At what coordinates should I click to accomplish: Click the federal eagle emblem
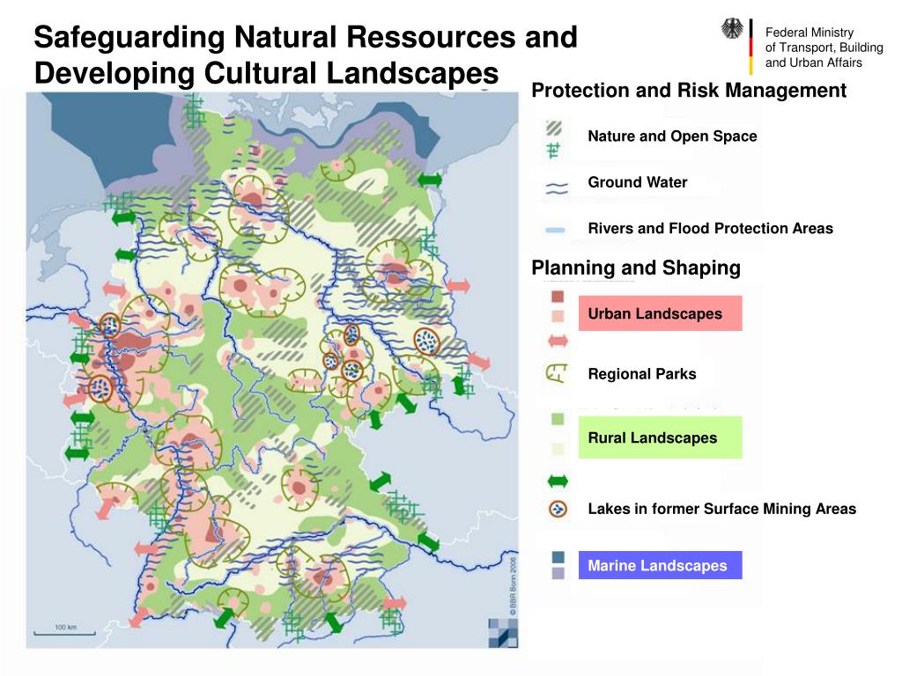732,30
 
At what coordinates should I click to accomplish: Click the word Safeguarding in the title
127,38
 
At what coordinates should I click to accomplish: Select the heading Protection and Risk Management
689,91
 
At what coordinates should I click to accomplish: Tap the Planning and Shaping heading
636,268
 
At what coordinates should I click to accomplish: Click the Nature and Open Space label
672,136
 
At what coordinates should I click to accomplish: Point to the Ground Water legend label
638,182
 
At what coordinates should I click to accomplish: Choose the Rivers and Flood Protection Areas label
710,229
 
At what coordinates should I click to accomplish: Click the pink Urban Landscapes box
660,313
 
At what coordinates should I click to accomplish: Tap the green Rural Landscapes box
660,437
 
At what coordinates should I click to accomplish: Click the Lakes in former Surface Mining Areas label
721,509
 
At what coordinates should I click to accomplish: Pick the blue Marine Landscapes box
660,565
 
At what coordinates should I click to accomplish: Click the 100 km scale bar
61,630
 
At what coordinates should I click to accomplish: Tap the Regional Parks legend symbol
556,375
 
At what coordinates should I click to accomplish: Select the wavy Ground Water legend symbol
556,187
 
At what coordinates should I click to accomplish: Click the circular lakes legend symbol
557,509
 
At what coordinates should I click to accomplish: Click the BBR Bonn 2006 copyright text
514,584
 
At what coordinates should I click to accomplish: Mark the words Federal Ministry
809,33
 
